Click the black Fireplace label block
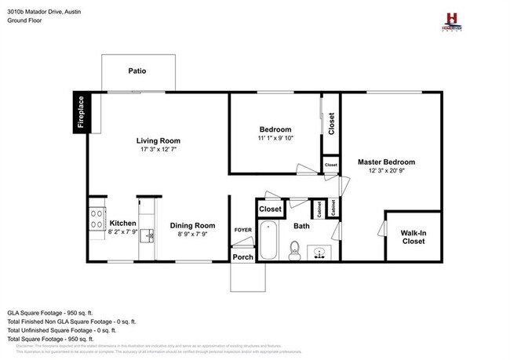click(x=79, y=113)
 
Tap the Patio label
click(x=137, y=71)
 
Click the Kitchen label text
click(x=123, y=223)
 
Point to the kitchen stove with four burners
click(x=97, y=216)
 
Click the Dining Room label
click(x=192, y=226)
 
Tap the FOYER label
click(x=242, y=229)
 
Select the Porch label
click(x=242, y=256)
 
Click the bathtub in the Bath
click(x=268, y=242)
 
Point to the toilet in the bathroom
click(x=295, y=250)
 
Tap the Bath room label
click(x=302, y=226)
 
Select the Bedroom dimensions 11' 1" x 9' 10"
click(x=275, y=138)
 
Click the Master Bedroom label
click(x=386, y=162)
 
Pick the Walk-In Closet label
click(x=413, y=237)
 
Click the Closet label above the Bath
click(x=271, y=209)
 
